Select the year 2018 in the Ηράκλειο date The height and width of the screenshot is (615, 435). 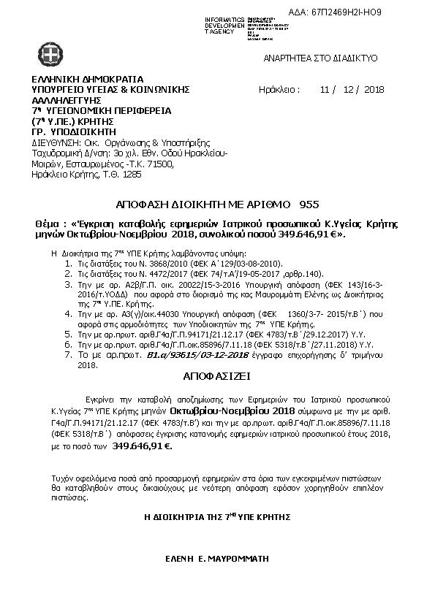(x=373, y=90)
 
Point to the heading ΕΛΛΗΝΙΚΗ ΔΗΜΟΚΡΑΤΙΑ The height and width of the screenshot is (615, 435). (x=87, y=80)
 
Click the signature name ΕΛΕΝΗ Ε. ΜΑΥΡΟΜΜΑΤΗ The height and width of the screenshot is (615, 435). (x=217, y=557)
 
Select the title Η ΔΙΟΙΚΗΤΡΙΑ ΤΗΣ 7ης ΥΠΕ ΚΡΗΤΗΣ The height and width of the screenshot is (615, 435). (x=217, y=516)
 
